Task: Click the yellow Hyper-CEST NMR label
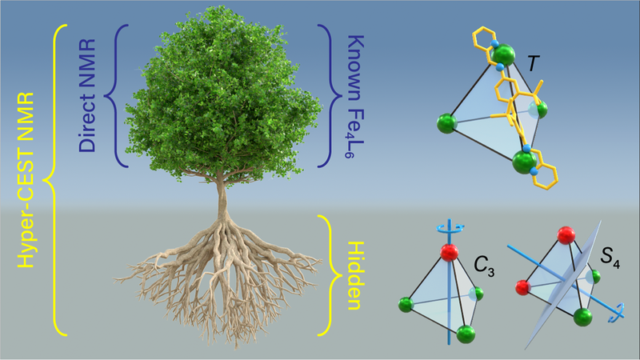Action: [x=26, y=180]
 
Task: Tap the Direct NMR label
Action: [x=87, y=95]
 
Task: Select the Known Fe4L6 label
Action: [x=355, y=96]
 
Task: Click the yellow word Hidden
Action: [x=354, y=276]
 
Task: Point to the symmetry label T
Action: [x=533, y=64]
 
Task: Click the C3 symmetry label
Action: [x=484, y=267]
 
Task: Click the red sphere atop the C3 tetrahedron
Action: [x=450, y=253]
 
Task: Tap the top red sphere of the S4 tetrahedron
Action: [x=566, y=235]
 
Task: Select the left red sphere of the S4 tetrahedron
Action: [x=522, y=287]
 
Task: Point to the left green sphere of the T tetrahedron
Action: [x=447, y=124]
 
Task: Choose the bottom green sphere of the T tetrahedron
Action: [x=525, y=162]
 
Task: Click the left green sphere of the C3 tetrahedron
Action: [x=406, y=305]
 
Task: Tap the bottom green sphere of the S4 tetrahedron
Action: [x=583, y=317]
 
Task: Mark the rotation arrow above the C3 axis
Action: [x=450, y=228]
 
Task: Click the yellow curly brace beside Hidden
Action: [x=330, y=275]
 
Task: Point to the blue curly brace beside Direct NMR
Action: [x=116, y=96]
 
